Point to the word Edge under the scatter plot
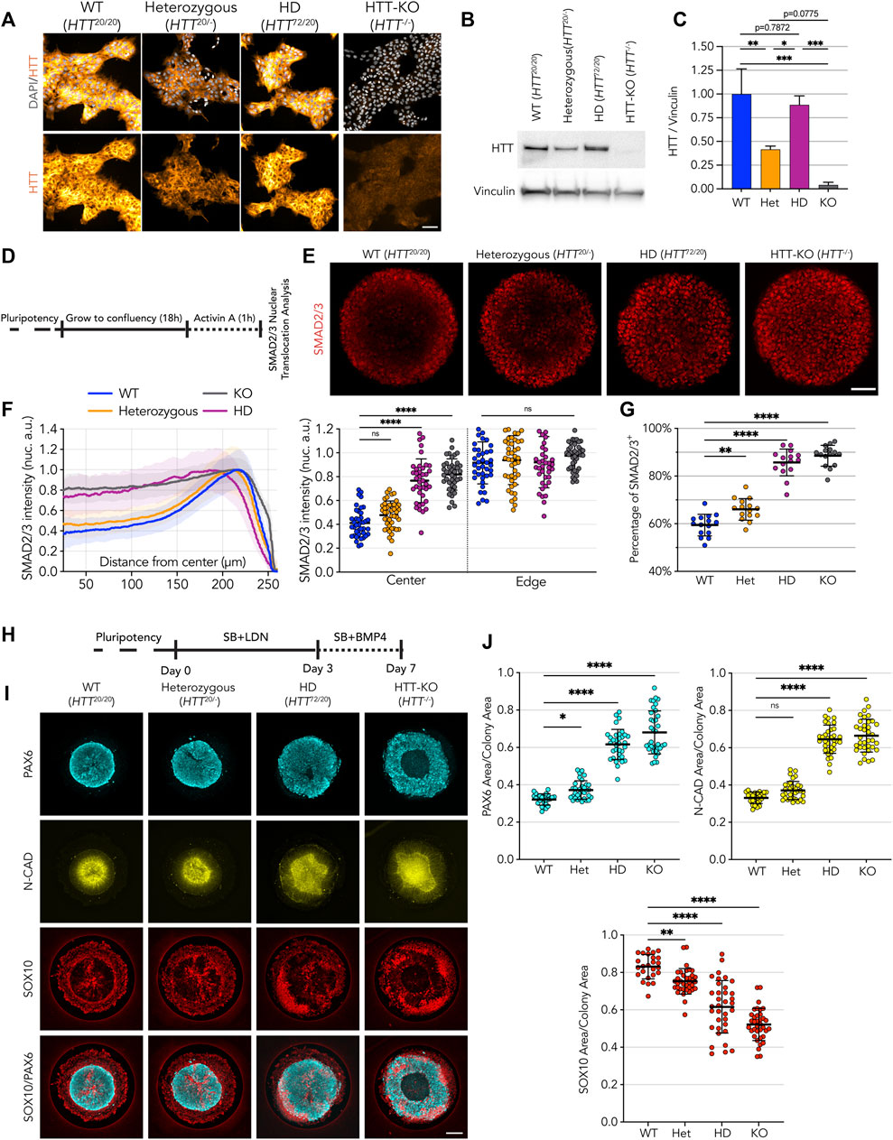(531, 581)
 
